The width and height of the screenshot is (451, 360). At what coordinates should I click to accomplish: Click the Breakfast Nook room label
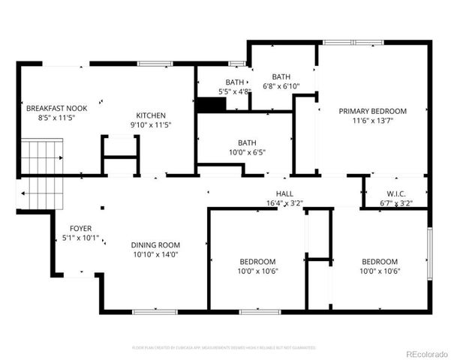click(x=56, y=108)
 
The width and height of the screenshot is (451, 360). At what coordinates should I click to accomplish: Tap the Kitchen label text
click(x=151, y=115)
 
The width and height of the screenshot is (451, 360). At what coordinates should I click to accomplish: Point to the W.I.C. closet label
click(x=395, y=193)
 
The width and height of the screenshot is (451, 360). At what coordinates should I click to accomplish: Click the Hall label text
click(x=284, y=193)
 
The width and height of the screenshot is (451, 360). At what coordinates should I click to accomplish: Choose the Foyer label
click(x=81, y=228)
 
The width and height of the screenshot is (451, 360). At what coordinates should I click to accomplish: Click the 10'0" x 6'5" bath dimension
click(x=247, y=151)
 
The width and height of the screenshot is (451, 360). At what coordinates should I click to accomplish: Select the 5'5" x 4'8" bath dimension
click(x=234, y=91)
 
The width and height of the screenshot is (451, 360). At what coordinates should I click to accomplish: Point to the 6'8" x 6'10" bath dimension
click(x=281, y=86)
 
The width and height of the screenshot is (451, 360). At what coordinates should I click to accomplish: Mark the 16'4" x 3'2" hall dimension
click(x=284, y=203)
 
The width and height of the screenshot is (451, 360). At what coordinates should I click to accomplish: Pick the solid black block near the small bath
click(x=206, y=105)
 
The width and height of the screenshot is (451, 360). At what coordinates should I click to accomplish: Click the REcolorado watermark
click(x=425, y=353)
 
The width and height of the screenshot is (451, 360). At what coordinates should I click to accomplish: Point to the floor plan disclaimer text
click(x=224, y=348)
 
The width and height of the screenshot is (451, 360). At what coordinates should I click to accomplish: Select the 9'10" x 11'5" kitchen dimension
click(x=151, y=124)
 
